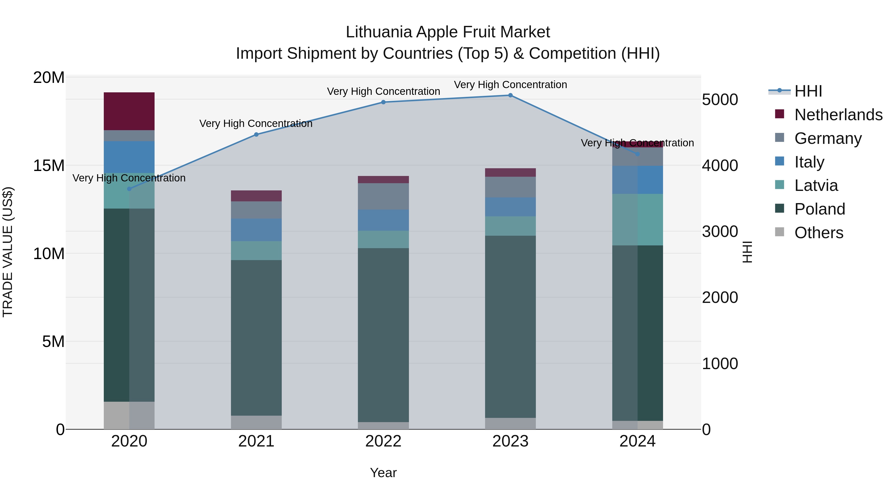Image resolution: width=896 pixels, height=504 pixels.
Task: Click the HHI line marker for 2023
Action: pyautogui.click(x=510, y=95)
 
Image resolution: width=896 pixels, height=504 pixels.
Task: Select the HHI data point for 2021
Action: pyautogui.click(x=256, y=135)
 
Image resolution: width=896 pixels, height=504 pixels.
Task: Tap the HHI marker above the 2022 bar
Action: pyautogui.click(x=383, y=102)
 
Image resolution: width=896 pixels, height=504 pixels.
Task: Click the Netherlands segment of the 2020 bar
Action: pyautogui.click(x=129, y=111)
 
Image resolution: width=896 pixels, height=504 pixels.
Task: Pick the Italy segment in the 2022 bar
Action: pyautogui.click(x=383, y=220)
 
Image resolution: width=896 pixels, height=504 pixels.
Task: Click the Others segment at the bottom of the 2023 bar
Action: pyautogui.click(x=510, y=423)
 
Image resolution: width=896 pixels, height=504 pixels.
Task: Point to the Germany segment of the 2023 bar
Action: pyautogui.click(x=510, y=187)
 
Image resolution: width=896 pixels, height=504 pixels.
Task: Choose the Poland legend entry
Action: pyautogui.click(x=820, y=209)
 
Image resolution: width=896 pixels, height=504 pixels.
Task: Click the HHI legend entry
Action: pyautogui.click(x=808, y=91)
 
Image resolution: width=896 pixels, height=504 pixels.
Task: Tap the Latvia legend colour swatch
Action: pyautogui.click(x=780, y=185)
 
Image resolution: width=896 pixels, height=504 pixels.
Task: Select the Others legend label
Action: pyautogui.click(x=819, y=233)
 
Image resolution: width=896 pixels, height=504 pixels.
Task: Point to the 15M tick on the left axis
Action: pyautogui.click(x=49, y=166)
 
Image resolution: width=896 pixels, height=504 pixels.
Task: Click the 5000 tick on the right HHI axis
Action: pyautogui.click(x=720, y=100)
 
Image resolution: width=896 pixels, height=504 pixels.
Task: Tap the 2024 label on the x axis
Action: pyautogui.click(x=637, y=441)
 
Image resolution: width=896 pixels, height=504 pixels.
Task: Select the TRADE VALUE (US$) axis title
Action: pyautogui.click(x=8, y=252)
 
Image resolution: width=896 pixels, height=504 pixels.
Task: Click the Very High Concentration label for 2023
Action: pyautogui.click(x=510, y=85)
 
